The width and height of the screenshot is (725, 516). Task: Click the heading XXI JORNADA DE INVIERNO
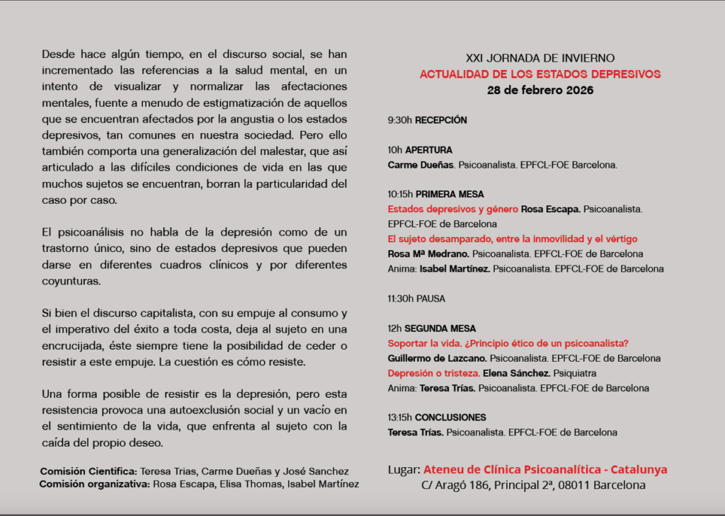pos(540,58)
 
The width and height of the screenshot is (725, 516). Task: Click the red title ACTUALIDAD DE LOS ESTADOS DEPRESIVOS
pos(540,74)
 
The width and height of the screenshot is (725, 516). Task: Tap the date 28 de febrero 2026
pos(540,90)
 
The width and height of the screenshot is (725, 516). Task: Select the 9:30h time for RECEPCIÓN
pos(400,120)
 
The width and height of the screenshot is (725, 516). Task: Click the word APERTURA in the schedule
pos(428,150)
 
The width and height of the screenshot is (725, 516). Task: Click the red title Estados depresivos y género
pos(453,210)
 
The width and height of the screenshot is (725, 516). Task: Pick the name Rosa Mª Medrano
pos(428,254)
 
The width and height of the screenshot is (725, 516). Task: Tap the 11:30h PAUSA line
pos(416,299)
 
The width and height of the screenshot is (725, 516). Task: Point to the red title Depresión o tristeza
pos(434,373)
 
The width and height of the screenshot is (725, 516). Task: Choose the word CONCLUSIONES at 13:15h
pos(450,418)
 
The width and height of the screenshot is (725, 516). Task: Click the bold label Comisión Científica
pos(89,471)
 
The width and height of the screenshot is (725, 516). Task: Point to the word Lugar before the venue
pos(404,470)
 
